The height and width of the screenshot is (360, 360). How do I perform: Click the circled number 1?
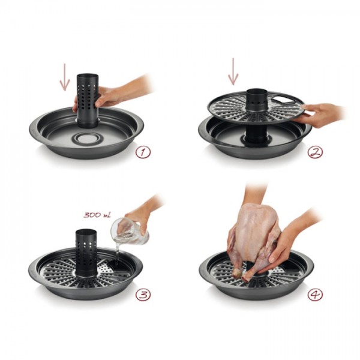click(143, 152)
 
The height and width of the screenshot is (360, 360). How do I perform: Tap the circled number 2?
click(315, 152)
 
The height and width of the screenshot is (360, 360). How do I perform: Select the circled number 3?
click(143, 295)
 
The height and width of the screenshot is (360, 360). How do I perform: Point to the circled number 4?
click(315, 295)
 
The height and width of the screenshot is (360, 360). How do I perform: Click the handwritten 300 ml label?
click(97, 215)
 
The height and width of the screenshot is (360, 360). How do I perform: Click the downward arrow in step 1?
click(65, 77)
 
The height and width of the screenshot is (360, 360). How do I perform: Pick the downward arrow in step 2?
click(233, 71)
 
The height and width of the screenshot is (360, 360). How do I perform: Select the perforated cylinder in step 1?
click(88, 101)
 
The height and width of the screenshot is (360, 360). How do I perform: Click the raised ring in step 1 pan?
click(86, 138)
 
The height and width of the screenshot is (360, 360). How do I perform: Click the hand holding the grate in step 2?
click(322, 115)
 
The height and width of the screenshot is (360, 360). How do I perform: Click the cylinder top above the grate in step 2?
click(257, 100)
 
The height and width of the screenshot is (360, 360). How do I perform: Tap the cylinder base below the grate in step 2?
click(256, 134)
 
